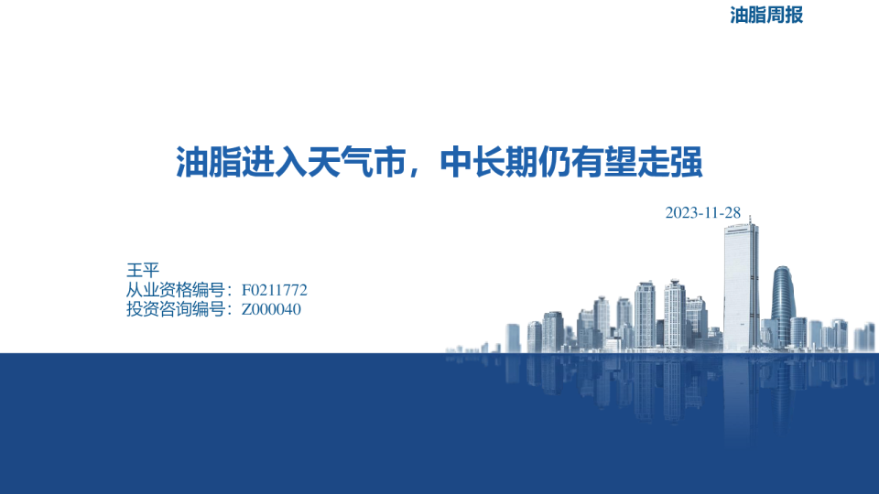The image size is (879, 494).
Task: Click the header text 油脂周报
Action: pos(766,16)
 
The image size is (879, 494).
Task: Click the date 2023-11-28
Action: pos(702,213)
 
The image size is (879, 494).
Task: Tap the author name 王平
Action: pos(143,270)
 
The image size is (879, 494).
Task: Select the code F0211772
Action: pos(274,290)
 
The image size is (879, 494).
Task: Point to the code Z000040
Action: pos(271,309)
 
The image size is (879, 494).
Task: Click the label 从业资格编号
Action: pos(176,290)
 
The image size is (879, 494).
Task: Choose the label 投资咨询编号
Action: pos(176,309)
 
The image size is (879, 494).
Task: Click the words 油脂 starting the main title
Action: pos(209,163)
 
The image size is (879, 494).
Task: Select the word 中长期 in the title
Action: pos(488,163)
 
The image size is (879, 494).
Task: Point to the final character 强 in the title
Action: pos(686,163)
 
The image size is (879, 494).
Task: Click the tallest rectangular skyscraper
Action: pos(741,286)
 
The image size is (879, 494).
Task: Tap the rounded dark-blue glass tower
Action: pos(783,306)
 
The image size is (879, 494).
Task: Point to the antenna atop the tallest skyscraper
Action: pos(750,219)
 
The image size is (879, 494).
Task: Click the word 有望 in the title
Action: pos(603,163)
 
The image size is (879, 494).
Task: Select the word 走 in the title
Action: pos(653,163)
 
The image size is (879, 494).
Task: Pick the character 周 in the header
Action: pos(776,16)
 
